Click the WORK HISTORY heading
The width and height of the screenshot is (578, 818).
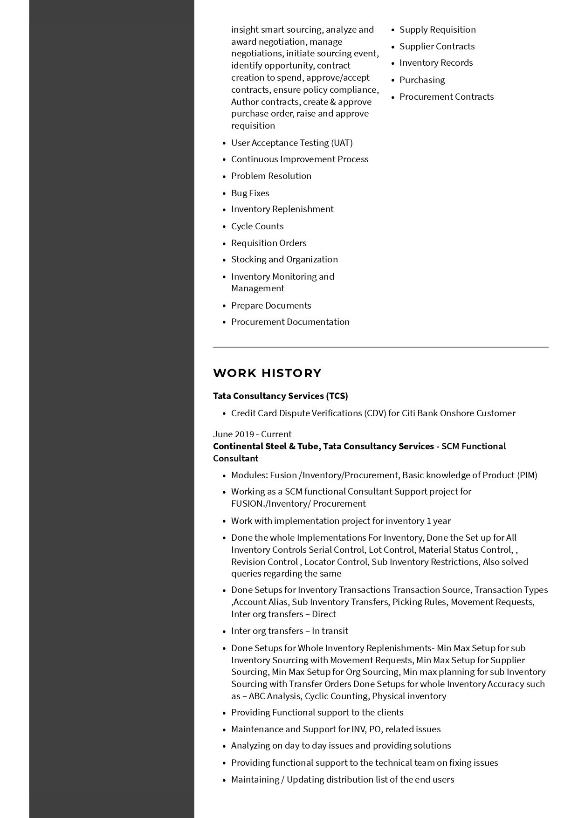[x=267, y=373]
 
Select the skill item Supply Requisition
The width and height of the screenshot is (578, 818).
[x=437, y=30]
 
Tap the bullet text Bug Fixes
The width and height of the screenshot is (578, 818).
[x=250, y=193]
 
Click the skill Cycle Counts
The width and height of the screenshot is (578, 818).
[x=257, y=227]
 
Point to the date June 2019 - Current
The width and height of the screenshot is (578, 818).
[x=252, y=434]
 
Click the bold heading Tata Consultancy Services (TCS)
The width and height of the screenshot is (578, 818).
[x=280, y=396]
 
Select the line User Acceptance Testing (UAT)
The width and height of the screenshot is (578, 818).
[x=292, y=143]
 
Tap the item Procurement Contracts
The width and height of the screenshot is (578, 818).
[x=446, y=97]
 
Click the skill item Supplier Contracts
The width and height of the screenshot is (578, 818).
[x=437, y=47]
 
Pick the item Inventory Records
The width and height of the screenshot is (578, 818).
[x=436, y=63]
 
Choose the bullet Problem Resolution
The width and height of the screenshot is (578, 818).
[x=271, y=176]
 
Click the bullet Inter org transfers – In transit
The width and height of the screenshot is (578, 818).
[x=289, y=631]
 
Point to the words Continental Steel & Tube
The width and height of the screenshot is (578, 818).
[x=265, y=447]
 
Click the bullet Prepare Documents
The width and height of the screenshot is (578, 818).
[x=271, y=306]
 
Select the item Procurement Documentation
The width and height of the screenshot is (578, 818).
[x=290, y=322]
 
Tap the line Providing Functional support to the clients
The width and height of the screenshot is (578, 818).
[x=317, y=713]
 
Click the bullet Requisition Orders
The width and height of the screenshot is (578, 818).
[x=268, y=243]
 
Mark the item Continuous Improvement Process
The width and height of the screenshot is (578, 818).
[x=300, y=159]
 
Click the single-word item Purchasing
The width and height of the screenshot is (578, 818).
[x=422, y=80]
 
